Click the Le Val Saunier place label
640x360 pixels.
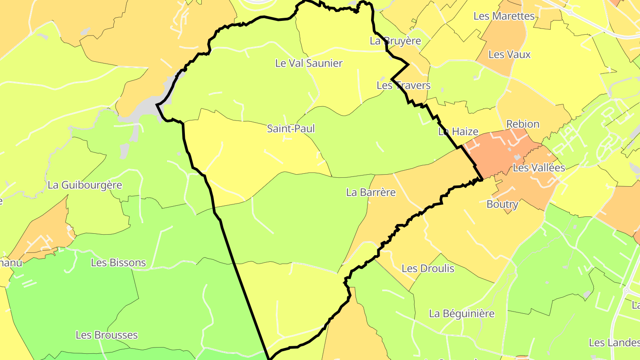309,63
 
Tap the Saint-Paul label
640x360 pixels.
291,129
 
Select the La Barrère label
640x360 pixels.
371,192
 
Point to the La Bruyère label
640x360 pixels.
395,41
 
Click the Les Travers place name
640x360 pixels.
404,85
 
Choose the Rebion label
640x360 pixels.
523,124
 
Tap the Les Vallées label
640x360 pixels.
539,168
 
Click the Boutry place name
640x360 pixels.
502,204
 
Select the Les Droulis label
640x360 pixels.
428,268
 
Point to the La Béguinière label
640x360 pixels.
462,314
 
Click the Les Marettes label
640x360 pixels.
504,16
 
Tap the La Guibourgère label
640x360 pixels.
84,185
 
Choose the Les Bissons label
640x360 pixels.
118,263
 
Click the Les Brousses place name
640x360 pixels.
107,335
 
